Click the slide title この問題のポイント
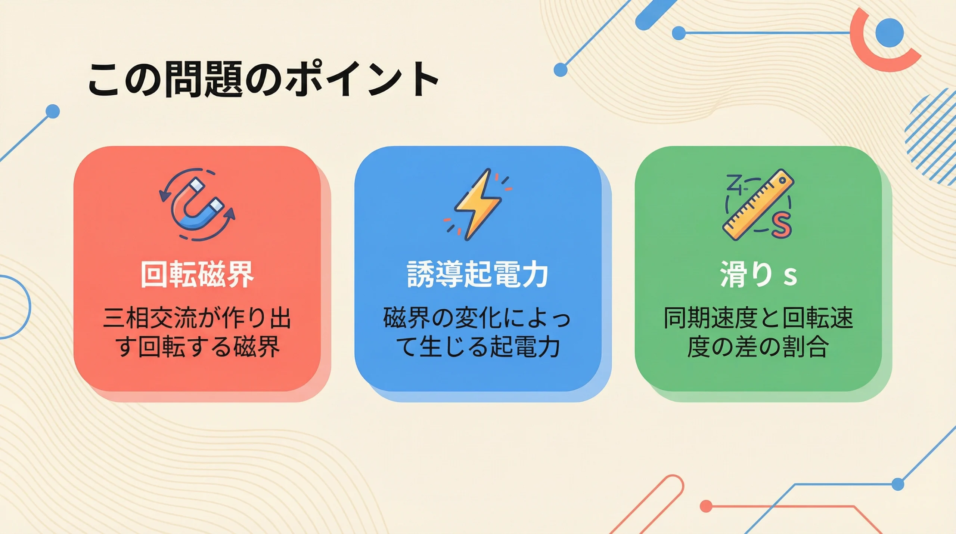click(263, 79)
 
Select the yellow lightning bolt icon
click(478, 204)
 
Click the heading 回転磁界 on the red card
click(197, 275)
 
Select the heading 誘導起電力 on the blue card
click(478, 275)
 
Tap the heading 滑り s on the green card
click(758, 275)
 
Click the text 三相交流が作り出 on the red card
click(197, 318)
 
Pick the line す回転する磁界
click(197, 347)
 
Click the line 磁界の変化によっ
click(478, 318)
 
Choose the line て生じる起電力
click(478, 347)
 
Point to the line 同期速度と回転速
click(758, 318)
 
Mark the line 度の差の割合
click(758, 347)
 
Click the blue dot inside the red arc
click(890, 33)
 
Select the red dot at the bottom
click(706, 506)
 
